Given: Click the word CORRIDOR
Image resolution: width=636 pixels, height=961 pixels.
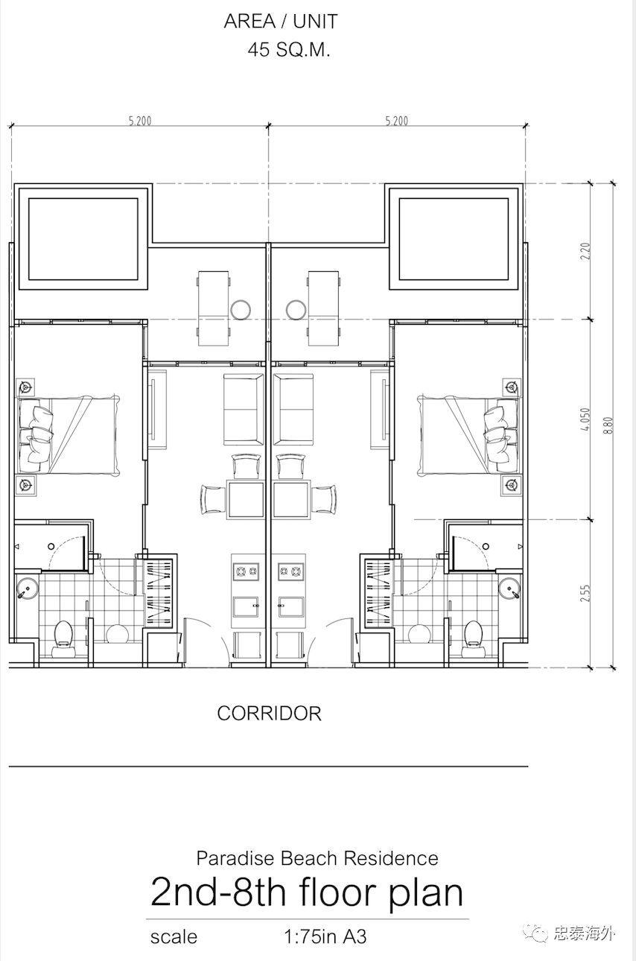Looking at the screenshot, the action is [x=269, y=714].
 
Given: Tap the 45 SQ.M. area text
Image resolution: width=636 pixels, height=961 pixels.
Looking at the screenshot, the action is [x=289, y=50].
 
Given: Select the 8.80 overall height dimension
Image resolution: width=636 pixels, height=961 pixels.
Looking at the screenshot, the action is [x=609, y=425].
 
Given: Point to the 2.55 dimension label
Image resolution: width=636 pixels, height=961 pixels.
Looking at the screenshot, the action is [x=585, y=593].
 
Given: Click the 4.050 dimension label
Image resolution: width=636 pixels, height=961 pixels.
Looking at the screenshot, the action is [x=585, y=419].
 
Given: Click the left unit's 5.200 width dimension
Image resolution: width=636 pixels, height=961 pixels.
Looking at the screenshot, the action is [x=140, y=121].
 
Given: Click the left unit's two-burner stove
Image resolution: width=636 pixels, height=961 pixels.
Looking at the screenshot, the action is [x=246, y=571].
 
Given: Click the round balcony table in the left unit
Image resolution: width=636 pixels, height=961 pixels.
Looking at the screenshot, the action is [x=241, y=310].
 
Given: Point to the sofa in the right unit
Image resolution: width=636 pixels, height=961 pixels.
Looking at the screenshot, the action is [x=293, y=409].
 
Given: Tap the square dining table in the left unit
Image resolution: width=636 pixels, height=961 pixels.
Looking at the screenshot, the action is [x=246, y=500].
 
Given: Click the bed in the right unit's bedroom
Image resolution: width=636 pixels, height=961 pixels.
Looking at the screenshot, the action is [x=468, y=436].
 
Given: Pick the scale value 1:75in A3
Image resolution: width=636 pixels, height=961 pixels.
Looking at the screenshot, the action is [x=325, y=937].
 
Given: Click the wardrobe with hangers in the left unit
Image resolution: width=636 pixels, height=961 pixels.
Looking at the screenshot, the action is [x=159, y=592].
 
